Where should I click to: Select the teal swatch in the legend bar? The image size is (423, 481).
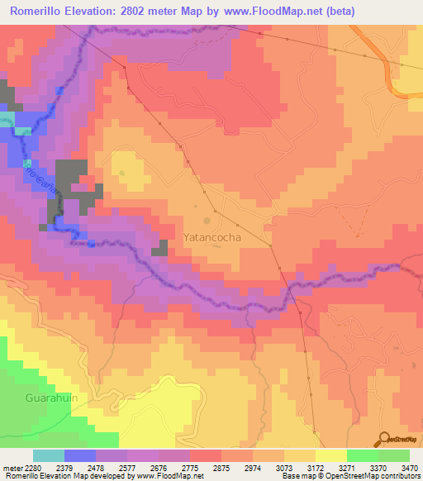pyautogui.click(x=49, y=455)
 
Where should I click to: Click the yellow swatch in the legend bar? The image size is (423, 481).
pyautogui.click(x=331, y=455)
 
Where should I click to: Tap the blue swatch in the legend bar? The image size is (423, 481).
pyautogui.click(x=80, y=455)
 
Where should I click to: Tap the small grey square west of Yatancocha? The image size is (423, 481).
pyautogui.click(x=159, y=250)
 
